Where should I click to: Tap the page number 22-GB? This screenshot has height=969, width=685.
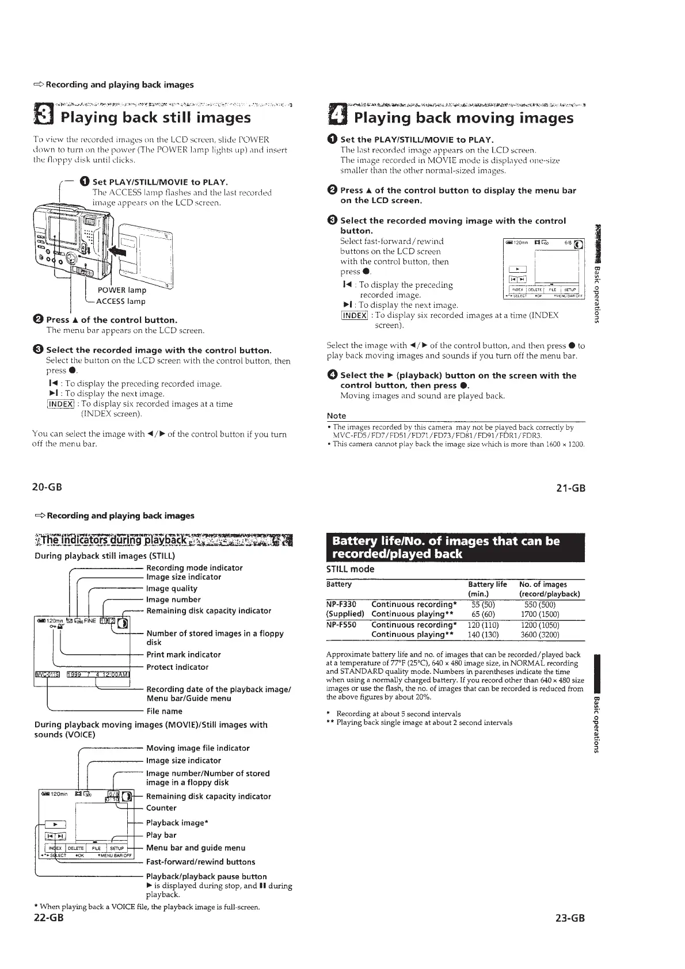49,917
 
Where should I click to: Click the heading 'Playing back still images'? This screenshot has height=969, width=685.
155,118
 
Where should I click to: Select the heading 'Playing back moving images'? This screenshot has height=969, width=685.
463,118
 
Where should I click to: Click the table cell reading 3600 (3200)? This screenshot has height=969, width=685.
539,635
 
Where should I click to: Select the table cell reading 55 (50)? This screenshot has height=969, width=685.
484,604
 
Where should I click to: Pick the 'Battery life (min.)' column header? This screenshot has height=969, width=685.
487,589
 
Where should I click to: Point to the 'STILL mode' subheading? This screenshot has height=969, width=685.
350,569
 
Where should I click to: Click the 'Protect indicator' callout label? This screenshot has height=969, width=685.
177,667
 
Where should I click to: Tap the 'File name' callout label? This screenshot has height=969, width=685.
164,711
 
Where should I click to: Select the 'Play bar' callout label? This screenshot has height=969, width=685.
161,835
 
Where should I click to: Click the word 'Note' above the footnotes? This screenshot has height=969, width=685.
336,415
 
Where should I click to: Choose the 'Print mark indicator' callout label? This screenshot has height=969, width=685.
184,654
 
